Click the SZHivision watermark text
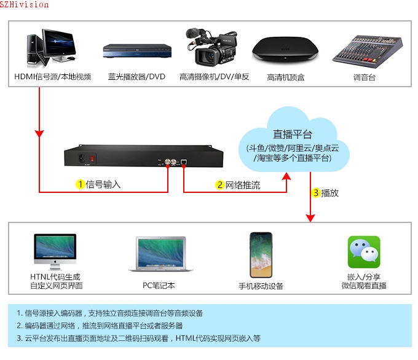(24, 4)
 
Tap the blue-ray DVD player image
(137, 51)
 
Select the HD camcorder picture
(211, 47)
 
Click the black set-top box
(285, 50)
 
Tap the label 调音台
(365, 77)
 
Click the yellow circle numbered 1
(81, 184)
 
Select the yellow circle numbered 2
(219, 185)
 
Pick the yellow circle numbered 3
(316, 193)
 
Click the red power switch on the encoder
(92, 158)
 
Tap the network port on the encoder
(184, 162)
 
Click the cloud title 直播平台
(293, 135)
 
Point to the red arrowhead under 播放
(310, 217)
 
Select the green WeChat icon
(364, 252)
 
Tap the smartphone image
(261, 255)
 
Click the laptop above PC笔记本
(160, 254)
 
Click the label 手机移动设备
(261, 286)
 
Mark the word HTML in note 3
(186, 338)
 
